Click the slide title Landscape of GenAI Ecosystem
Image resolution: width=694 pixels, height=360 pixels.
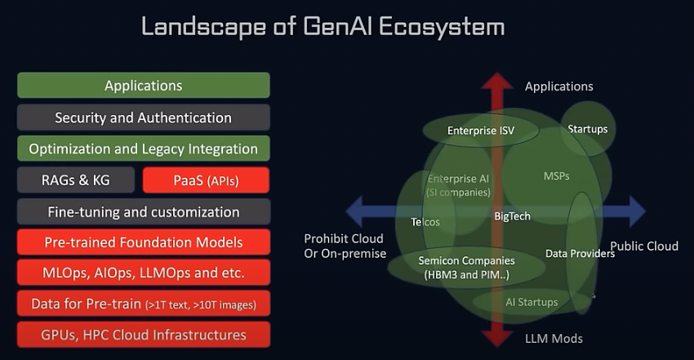tap(323, 26)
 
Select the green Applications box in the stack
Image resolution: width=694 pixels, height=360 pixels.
tap(144, 86)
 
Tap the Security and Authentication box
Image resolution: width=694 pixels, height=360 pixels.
tap(144, 118)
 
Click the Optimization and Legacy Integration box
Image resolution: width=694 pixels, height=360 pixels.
tap(144, 149)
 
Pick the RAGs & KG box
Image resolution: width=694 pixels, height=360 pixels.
tap(75, 180)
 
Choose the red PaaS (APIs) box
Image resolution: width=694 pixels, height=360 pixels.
tap(206, 180)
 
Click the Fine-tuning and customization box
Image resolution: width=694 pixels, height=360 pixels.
tap(144, 211)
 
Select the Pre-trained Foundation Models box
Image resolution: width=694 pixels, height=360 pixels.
tap(144, 242)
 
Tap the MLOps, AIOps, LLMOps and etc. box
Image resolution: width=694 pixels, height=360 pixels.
tap(144, 273)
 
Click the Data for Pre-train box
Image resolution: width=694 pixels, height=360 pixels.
tap(144, 304)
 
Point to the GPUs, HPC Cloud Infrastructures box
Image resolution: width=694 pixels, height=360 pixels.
tap(144, 335)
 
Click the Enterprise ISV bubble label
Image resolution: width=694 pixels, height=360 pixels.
tap(481, 130)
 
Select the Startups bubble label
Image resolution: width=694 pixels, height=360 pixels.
tap(588, 129)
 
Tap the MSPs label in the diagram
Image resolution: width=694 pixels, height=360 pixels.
tap(556, 176)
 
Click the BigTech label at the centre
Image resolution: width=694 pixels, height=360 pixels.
tap(513, 216)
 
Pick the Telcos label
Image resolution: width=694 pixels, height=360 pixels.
tap(425, 221)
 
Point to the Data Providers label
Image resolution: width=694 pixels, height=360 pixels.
tap(580, 253)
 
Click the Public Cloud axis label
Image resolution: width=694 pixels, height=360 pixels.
tap(643, 247)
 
